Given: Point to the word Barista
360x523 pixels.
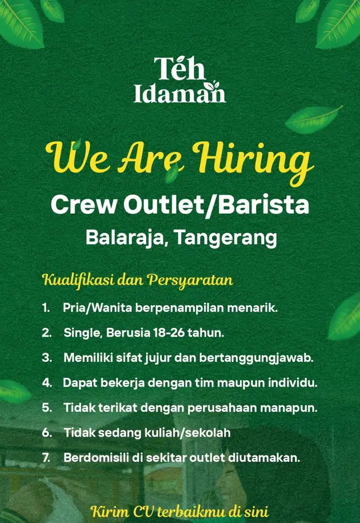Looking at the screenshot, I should pyautogui.click(x=265, y=205).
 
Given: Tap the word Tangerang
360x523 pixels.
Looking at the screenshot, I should pyautogui.click(x=226, y=238).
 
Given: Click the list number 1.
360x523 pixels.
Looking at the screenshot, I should pyautogui.click(x=46, y=308).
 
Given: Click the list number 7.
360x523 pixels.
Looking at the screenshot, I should pyautogui.click(x=46, y=458).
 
